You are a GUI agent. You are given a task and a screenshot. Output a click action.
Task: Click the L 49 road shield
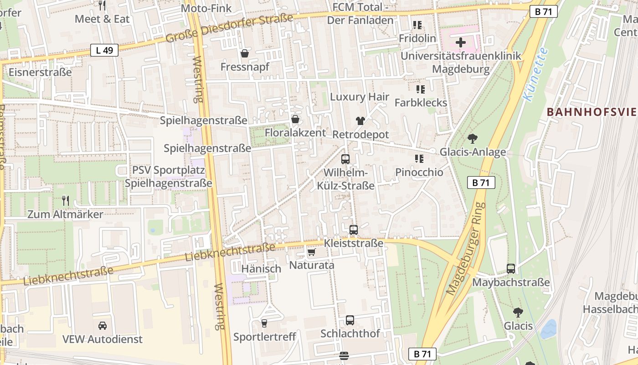(104, 50)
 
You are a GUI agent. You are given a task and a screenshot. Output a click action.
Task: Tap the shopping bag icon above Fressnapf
(245, 54)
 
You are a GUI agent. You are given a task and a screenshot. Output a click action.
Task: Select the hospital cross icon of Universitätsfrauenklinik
(461, 43)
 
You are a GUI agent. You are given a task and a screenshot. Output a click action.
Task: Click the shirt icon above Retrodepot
(360, 121)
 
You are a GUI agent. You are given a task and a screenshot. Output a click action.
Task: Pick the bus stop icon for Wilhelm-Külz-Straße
(345, 159)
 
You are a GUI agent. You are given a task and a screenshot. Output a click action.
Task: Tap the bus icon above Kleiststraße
(354, 230)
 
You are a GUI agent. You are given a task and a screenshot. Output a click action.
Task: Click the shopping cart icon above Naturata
(312, 252)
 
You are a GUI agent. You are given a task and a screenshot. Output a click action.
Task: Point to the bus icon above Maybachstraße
(511, 269)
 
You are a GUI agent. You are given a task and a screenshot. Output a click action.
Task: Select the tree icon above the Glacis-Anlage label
(473, 138)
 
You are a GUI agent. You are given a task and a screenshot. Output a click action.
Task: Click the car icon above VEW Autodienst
(103, 326)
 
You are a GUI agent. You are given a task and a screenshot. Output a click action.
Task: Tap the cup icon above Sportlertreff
(264, 323)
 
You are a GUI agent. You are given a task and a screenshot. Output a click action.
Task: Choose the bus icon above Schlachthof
(350, 320)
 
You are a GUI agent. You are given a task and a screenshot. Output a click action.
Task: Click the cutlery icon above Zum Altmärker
(66, 200)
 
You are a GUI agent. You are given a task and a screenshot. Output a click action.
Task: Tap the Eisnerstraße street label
(40, 72)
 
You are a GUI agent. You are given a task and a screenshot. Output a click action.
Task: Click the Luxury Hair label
(360, 97)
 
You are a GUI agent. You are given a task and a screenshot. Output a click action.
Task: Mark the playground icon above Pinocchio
(419, 159)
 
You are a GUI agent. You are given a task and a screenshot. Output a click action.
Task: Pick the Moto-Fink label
(206, 8)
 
